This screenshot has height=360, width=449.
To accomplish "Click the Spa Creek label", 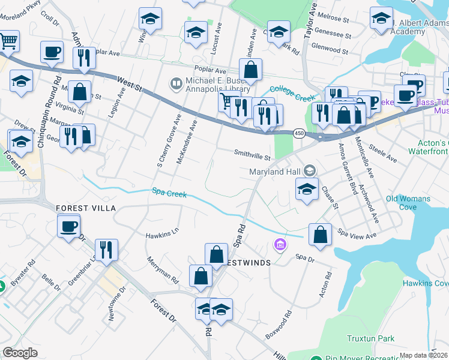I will coord(169,194).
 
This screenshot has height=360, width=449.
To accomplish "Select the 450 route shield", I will coord(299,133).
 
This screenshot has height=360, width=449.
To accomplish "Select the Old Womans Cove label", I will coord(409,203).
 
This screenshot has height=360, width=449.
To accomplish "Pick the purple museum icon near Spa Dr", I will coord(280,244).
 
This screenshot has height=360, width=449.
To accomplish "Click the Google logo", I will coord(20,352).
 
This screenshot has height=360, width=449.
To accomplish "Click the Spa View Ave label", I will coord(357,234).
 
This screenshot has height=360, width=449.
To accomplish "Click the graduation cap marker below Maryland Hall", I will coord(307,190).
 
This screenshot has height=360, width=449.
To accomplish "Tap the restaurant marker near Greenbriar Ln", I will coord(106,250).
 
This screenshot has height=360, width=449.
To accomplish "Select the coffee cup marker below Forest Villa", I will coord(69,227).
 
